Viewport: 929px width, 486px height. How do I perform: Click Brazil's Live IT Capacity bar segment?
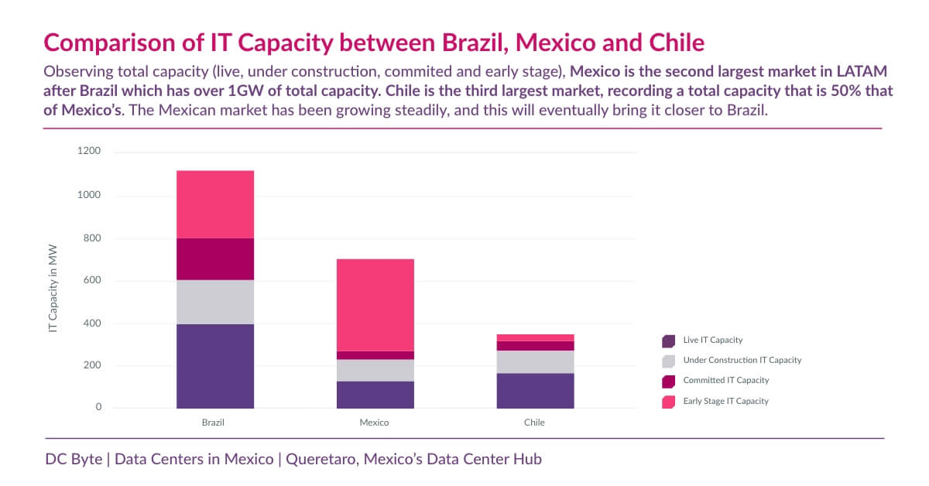[x=215, y=365]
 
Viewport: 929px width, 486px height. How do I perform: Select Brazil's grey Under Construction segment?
[x=215, y=302]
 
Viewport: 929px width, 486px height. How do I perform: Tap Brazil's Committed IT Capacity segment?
[x=215, y=258]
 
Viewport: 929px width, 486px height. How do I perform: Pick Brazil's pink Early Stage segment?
[x=215, y=204]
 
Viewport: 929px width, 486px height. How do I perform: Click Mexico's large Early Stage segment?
[x=375, y=305]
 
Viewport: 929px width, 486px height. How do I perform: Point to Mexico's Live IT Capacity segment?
[x=375, y=394]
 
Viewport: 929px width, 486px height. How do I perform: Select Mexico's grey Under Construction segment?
[x=375, y=370]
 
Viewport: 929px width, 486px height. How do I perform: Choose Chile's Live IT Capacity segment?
[x=535, y=390]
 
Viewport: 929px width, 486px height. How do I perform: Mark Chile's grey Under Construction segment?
[x=535, y=361]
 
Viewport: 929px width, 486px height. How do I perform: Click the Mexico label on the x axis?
[x=375, y=423]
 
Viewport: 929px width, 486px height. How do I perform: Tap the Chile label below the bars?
[x=535, y=423]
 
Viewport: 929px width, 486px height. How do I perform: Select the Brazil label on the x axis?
[x=214, y=423]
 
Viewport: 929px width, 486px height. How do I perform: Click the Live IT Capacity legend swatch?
[x=669, y=341]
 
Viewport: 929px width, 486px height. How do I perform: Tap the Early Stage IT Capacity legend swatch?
[x=669, y=401]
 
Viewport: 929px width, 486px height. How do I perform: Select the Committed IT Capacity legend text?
[x=726, y=381]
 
